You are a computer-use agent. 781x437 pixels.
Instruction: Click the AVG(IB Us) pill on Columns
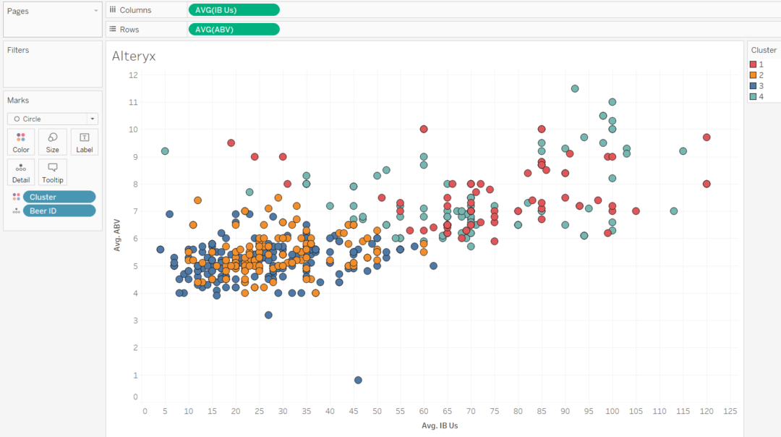(234, 10)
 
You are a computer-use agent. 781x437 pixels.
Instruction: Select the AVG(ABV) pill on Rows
(234, 30)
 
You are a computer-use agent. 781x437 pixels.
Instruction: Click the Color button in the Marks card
(21, 142)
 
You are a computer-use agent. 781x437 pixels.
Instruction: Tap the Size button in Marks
(53, 142)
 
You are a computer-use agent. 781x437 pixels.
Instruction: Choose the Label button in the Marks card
(84, 142)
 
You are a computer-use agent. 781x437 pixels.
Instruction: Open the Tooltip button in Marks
(53, 172)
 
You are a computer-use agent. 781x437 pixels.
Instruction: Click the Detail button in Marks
(21, 172)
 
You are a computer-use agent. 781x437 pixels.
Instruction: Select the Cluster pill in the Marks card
(59, 197)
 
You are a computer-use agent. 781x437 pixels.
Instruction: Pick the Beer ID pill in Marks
(59, 211)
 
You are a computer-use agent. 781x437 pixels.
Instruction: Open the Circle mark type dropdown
(53, 119)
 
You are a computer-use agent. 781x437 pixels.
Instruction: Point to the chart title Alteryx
(134, 56)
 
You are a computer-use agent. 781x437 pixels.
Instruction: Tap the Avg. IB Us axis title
(440, 425)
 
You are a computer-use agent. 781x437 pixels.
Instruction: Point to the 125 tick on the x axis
(730, 412)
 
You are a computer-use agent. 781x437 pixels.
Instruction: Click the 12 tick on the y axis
(133, 75)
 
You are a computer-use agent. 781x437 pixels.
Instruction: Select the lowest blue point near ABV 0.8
(358, 380)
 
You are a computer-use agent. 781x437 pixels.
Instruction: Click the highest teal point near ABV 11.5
(575, 88)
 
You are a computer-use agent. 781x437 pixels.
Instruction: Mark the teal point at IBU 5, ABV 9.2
(165, 151)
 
